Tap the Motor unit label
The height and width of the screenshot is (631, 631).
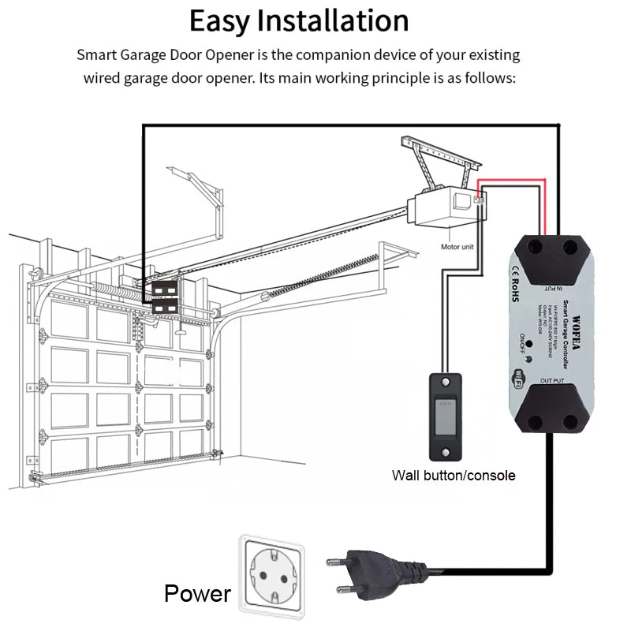(x=457, y=247)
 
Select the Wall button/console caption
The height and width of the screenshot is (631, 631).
(x=454, y=475)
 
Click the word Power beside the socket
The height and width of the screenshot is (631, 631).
(x=198, y=593)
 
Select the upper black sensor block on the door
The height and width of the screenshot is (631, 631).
(x=166, y=289)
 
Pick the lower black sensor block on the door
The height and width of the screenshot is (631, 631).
(x=166, y=306)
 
